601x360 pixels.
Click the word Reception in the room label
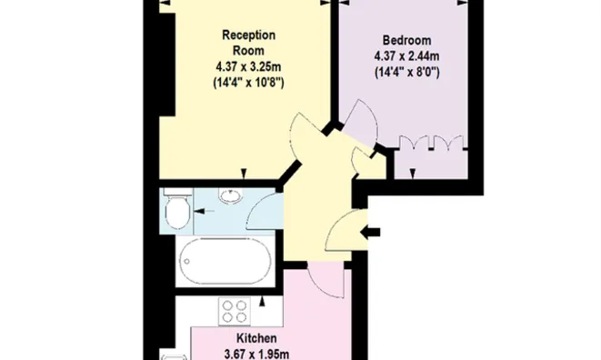click(249, 35)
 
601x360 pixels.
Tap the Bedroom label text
click(406, 40)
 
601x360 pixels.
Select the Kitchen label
click(256, 338)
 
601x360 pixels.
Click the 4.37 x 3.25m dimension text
click(248, 66)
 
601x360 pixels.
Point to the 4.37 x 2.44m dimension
click(406, 56)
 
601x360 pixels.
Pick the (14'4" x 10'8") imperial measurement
click(248, 83)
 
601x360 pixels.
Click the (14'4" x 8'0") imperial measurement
click(406, 72)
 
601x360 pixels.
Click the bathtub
click(225, 261)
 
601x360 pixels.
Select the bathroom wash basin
click(230, 195)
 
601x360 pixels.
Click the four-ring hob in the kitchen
click(235, 311)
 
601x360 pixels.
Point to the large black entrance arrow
click(370, 232)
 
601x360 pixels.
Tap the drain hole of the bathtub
click(186, 262)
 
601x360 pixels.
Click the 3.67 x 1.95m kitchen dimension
click(256, 355)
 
